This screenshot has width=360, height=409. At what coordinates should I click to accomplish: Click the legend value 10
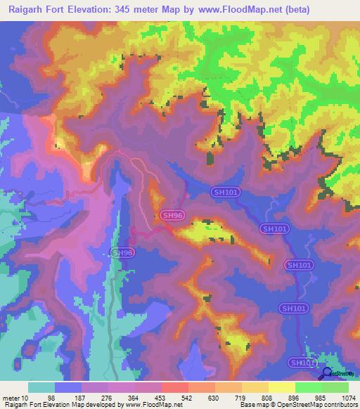pyautogui.click(x=25, y=398)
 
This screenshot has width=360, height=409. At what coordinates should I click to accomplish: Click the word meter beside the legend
pyautogui.click(x=11, y=398)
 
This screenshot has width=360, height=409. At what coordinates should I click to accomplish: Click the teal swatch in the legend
pyautogui.click(x=41, y=387)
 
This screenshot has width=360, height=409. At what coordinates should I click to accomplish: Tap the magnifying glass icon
pyautogui.click(x=327, y=373)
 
